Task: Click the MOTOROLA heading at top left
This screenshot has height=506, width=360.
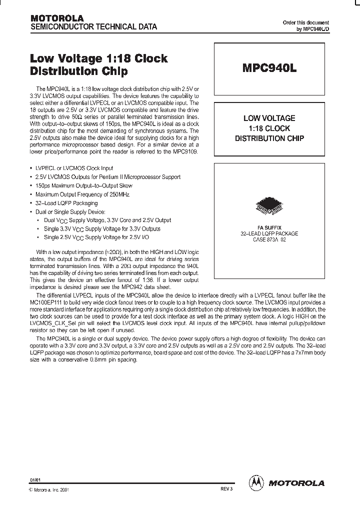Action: (x=57, y=18)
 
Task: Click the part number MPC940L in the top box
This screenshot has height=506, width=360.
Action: (x=269, y=69)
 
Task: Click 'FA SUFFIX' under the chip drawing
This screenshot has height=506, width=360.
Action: (x=269, y=227)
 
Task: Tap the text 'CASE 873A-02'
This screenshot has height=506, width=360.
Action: (x=269, y=239)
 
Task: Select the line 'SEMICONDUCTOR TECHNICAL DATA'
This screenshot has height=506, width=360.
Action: (x=94, y=26)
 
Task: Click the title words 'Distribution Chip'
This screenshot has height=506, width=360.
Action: (x=79, y=71)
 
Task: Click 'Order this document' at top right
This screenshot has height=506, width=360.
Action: (x=305, y=22)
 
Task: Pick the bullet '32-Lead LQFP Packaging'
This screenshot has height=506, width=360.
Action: (x=66, y=203)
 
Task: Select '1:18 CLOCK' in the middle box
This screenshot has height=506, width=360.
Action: (x=269, y=128)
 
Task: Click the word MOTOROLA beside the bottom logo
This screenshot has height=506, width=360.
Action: (x=297, y=483)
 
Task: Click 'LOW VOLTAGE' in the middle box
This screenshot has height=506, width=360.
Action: (x=269, y=118)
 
